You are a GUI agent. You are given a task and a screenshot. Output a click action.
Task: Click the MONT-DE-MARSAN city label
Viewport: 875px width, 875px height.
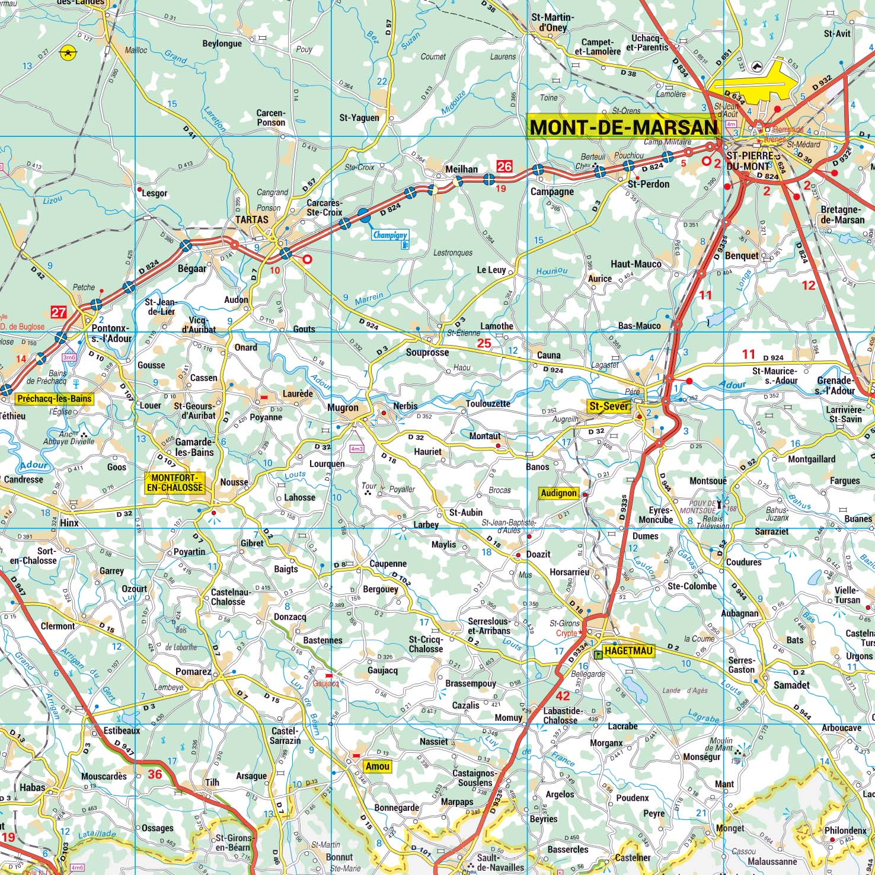click(622, 127)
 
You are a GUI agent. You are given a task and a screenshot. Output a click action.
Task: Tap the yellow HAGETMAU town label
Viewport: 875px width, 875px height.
click(628, 651)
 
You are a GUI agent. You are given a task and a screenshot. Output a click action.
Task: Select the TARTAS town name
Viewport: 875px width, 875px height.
click(252, 219)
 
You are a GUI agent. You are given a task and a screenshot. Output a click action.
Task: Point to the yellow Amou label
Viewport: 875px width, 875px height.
click(377, 766)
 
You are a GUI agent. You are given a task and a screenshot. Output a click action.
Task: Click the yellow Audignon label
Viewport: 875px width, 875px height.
click(558, 493)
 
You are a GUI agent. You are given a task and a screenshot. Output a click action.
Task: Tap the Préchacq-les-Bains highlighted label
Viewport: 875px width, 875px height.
click(55, 398)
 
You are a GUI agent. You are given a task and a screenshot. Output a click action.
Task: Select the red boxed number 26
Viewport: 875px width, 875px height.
click(504, 167)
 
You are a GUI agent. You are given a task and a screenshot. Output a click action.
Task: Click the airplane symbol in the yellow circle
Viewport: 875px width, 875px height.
click(69, 53)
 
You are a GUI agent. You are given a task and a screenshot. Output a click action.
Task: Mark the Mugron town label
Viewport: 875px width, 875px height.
click(343, 408)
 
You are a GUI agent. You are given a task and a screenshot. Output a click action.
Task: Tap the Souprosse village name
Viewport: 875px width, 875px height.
click(427, 352)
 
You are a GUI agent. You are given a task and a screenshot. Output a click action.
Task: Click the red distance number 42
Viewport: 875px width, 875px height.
click(563, 696)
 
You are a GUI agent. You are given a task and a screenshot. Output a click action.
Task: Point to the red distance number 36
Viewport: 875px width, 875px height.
click(155, 774)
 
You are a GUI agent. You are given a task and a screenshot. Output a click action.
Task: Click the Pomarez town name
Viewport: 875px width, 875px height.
click(193, 672)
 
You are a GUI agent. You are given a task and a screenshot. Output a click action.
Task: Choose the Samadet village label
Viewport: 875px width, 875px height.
click(791, 685)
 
